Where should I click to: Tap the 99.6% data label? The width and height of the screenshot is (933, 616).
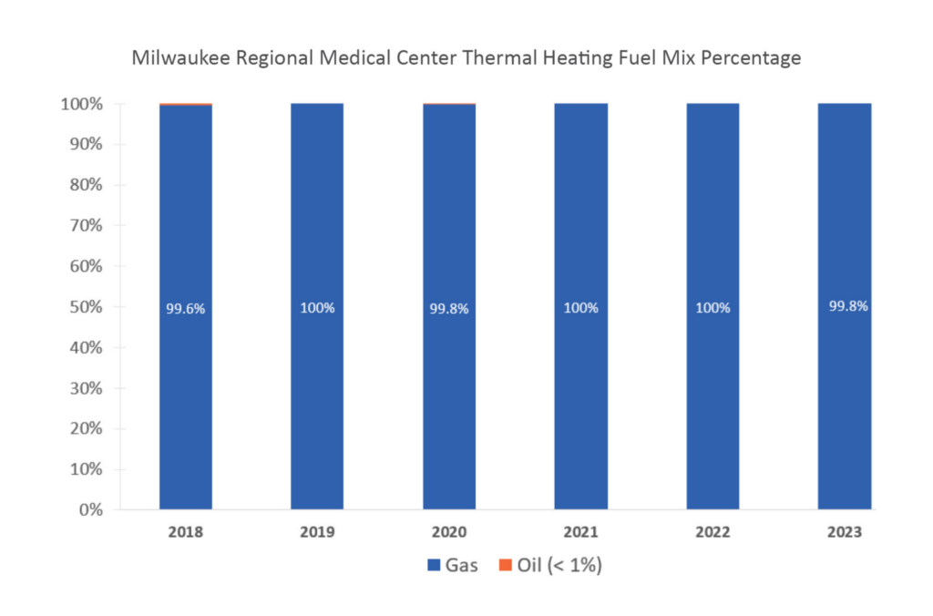(x=186, y=309)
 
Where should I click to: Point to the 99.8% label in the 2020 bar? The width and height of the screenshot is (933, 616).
(x=449, y=309)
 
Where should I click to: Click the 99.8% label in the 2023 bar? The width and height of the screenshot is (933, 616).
(x=845, y=306)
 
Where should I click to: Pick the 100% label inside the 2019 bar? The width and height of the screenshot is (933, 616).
(x=317, y=308)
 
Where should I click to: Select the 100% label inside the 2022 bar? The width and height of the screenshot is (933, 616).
(x=713, y=308)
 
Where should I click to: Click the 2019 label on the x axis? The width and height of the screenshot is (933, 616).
(x=317, y=531)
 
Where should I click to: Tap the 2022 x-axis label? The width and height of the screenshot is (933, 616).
(x=713, y=531)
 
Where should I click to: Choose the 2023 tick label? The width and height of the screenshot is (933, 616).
(x=845, y=531)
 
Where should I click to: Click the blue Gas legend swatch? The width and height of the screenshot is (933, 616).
(x=433, y=566)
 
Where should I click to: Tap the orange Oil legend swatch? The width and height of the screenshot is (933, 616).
(x=506, y=566)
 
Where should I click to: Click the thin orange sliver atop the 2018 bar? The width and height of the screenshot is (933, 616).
(x=186, y=105)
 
